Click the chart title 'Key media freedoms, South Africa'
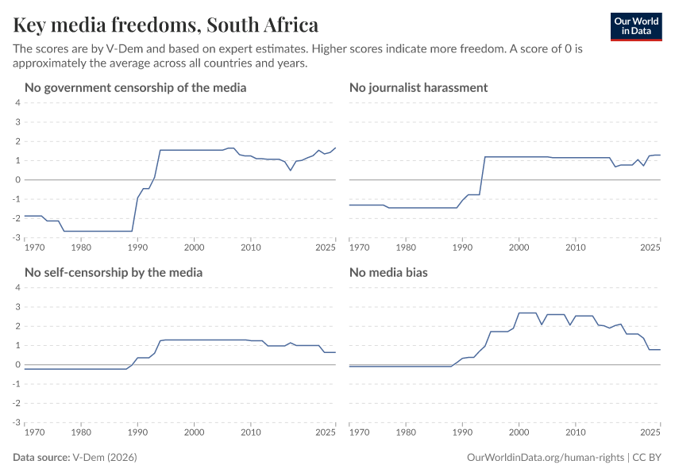(166, 25)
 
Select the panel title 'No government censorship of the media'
(136, 87)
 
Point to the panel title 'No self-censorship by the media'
(114, 272)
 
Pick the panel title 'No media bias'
(388, 272)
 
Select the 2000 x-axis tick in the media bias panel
(519, 433)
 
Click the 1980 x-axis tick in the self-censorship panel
(81, 433)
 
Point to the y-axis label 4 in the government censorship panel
(17, 102)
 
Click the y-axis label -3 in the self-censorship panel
(15, 422)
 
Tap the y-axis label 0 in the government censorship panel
(17, 179)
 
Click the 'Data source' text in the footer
(41, 458)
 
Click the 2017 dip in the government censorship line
(291, 170)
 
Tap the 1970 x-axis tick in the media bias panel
(359, 433)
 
